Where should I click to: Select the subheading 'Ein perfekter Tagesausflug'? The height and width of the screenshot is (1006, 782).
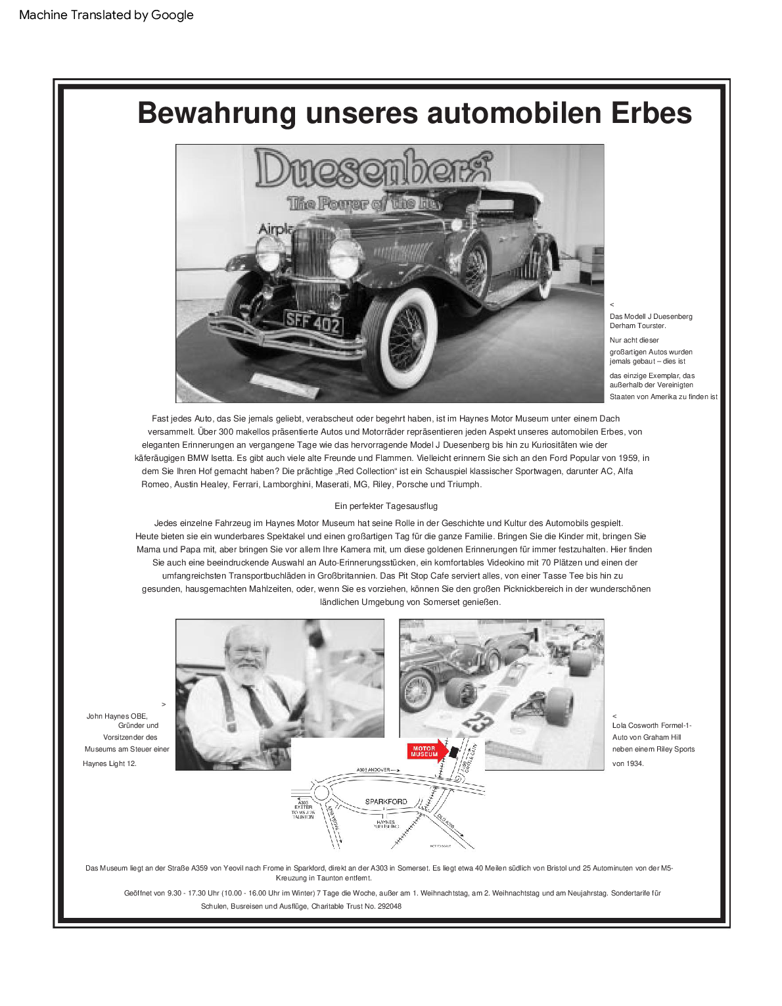[x=386, y=506]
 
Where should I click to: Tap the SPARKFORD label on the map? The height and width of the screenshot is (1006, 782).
[x=386, y=802]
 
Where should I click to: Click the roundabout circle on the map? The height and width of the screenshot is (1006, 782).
[x=321, y=792]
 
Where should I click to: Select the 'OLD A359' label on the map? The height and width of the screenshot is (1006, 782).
[x=446, y=821]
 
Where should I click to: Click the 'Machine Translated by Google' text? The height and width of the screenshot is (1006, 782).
[x=106, y=15]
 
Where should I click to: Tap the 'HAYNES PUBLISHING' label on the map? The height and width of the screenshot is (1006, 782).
[x=386, y=824]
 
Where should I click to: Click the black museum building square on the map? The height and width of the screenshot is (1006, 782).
[x=454, y=752]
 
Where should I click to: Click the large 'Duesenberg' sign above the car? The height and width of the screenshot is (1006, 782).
[x=371, y=169]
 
